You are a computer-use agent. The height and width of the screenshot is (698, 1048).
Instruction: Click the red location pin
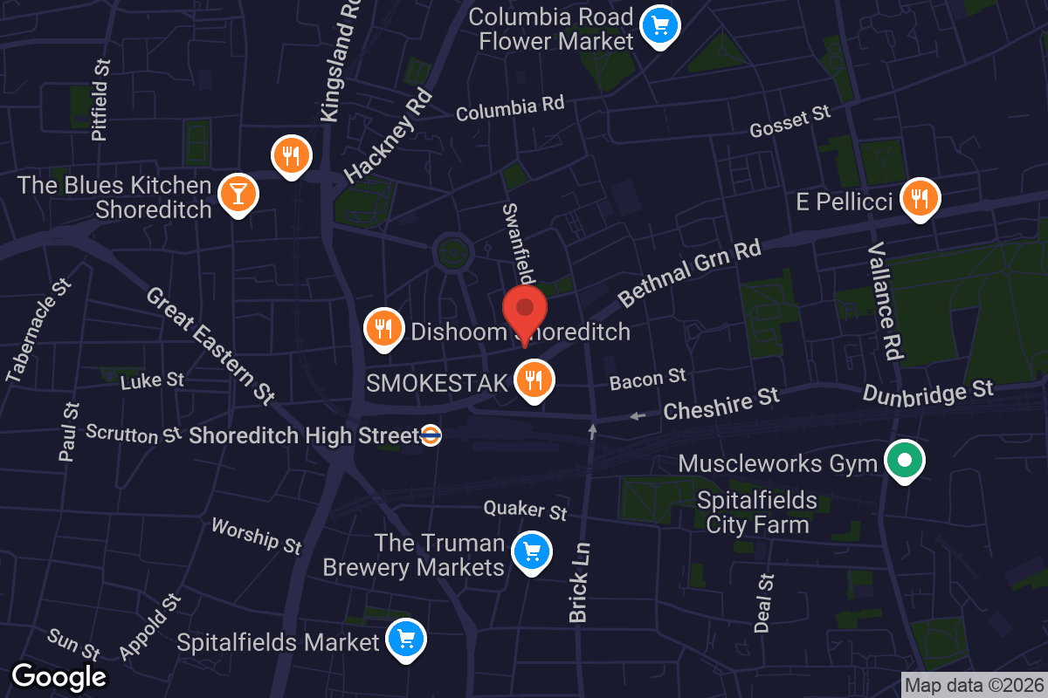(x=525, y=311)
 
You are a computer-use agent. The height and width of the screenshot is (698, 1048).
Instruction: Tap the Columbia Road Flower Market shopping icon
(x=659, y=26)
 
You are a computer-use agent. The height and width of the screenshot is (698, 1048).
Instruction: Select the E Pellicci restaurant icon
(x=919, y=198)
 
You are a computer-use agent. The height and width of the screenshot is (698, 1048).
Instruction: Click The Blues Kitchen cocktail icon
(x=238, y=191)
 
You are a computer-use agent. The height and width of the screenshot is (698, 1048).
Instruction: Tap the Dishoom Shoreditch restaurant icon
(x=383, y=328)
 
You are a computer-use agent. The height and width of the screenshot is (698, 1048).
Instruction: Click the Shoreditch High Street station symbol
(x=430, y=435)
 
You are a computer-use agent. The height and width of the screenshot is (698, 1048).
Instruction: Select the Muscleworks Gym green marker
(x=905, y=459)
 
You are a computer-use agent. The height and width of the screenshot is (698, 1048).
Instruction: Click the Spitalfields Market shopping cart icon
(x=405, y=640)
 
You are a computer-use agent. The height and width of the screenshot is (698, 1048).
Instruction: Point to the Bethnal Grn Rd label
(x=690, y=273)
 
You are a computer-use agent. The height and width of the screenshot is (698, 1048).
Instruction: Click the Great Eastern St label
(x=210, y=346)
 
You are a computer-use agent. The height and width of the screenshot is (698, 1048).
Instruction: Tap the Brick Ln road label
(x=580, y=583)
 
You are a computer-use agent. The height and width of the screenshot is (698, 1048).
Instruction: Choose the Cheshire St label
(x=720, y=404)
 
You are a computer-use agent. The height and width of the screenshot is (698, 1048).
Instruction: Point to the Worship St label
(x=256, y=535)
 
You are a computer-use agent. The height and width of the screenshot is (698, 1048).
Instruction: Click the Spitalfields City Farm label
(x=757, y=512)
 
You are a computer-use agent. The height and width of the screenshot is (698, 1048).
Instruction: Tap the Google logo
(x=59, y=676)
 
